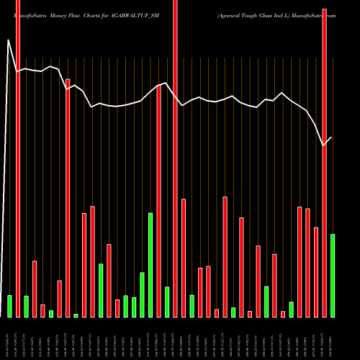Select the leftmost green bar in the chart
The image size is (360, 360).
pos(9,306)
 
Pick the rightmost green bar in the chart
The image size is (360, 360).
pos(332,275)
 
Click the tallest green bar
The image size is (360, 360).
pos(150,265)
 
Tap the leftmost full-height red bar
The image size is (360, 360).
pos(18,158)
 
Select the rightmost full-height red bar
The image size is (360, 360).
pos(324,158)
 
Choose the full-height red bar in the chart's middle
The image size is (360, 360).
pos(175,158)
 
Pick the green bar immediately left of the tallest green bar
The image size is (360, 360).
pos(142,294)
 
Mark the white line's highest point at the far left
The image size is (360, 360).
pos(9,40)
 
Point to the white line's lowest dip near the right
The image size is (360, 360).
pos(324,145)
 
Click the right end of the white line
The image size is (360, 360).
pos(332,138)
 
